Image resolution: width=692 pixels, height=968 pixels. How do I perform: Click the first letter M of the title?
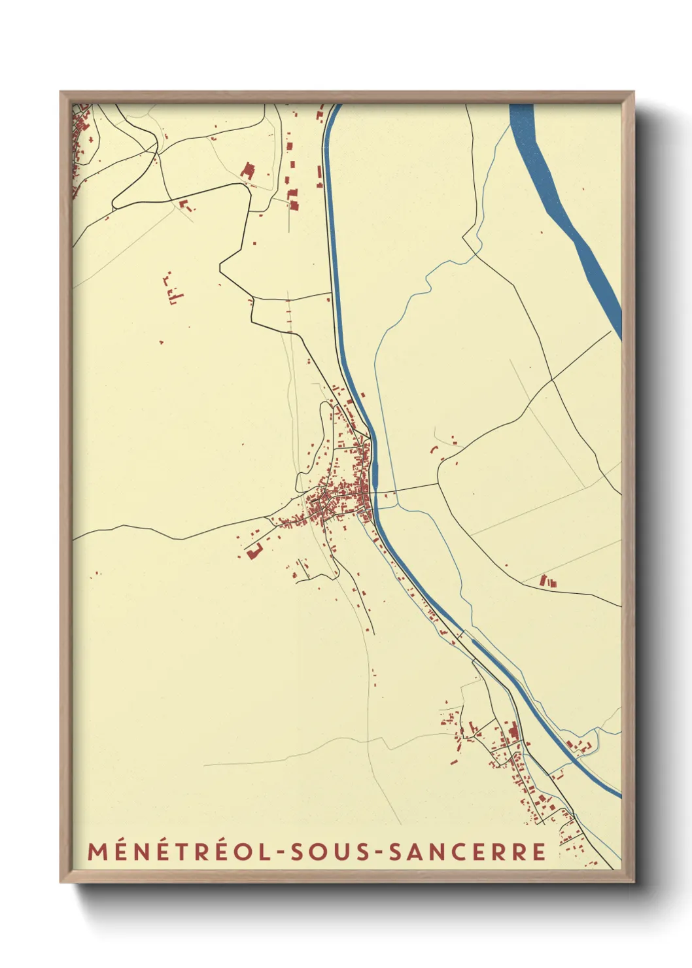[x=97, y=852]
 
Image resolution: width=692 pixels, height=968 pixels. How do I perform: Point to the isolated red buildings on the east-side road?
[x=547, y=581]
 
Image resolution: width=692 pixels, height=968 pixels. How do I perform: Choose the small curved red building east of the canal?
[x=433, y=449]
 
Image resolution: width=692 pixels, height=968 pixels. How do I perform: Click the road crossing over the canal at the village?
[x=375, y=493]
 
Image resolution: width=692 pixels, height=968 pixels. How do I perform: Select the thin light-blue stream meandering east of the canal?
[x=406, y=307]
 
